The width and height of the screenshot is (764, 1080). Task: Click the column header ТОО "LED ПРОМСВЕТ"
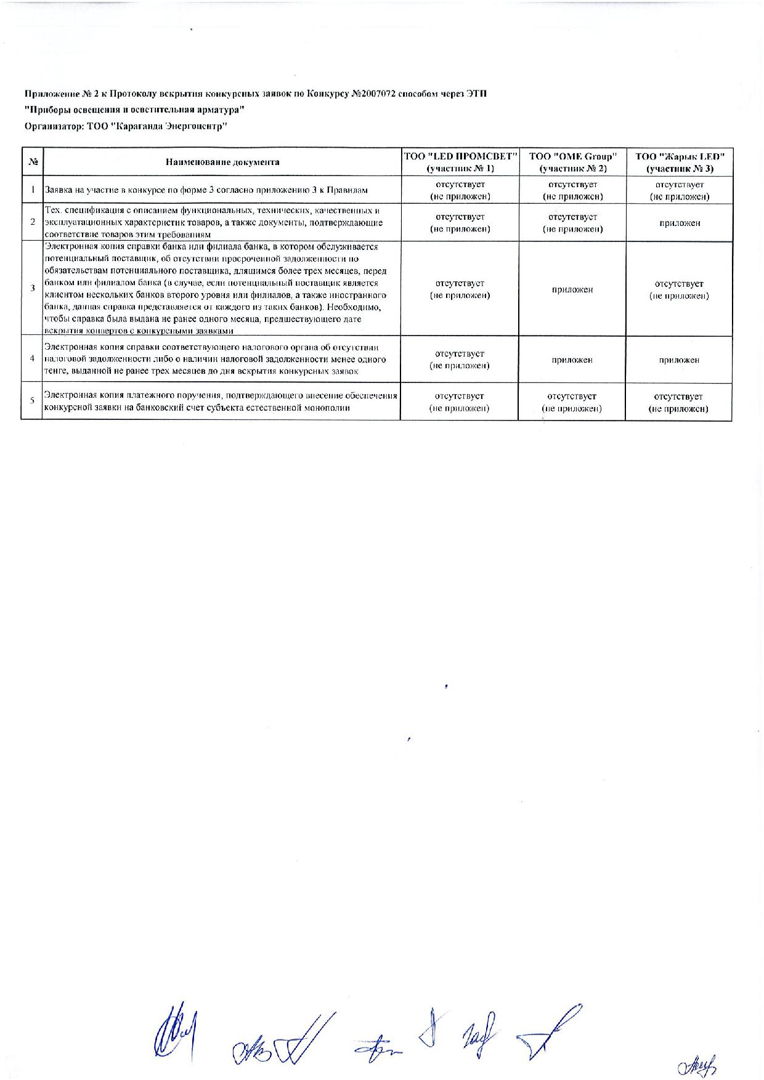[x=460, y=162]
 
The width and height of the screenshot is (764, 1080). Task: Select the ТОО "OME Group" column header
[x=572, y=162]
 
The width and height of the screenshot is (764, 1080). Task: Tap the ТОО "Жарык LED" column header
[x=680, y=162]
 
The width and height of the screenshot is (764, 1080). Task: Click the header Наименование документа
[x=222, y=162]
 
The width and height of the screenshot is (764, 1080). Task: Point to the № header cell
[x=33, y=162]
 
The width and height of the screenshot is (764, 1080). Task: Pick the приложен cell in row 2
[x=680, y=223]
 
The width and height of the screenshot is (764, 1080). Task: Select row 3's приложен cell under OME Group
[x=572, y=289]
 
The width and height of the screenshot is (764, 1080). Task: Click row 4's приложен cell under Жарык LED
[x=679, y=360]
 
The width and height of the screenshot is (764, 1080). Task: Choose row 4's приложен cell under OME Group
[x=572, y=360]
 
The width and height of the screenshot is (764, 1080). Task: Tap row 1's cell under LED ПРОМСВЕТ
[x=460, y=190]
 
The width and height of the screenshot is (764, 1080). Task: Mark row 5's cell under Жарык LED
[x=678, y=403]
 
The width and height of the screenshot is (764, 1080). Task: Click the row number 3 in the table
[x=32, y=288]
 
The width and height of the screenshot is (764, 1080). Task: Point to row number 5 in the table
[x=32, y=401]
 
